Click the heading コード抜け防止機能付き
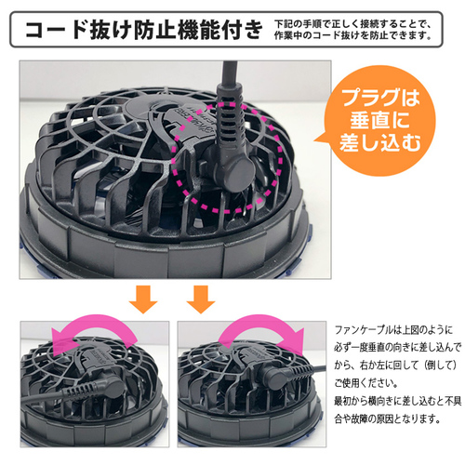pos(144,30)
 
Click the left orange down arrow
pos(143,299)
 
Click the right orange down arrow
pos(201,299)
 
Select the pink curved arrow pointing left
pos(93,324)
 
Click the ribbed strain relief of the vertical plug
pos(230,121)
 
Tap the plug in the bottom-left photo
pos(93,389)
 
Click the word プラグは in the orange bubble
pos(381,98)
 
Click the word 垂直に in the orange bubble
pos(379,120)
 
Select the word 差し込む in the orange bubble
pos(380,142)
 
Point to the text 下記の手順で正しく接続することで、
pos(352,24)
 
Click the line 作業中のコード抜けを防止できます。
pos(353,35)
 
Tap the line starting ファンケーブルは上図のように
pos(393,330)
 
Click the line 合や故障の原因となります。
pos(388,419)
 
